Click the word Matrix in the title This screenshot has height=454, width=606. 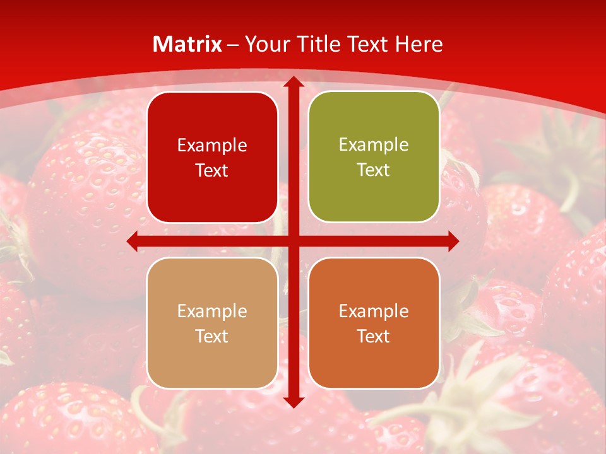coord(187,44)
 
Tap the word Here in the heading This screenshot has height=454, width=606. coord(419,44)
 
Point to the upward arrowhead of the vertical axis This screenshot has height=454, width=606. coord(293,82)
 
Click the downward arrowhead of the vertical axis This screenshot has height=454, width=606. coord(293,402)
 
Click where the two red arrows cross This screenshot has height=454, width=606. coord(293,241)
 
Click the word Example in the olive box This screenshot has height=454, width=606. coord(374,144)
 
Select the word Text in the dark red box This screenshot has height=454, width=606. coord(212,170)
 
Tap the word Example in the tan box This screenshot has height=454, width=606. coord(212,311)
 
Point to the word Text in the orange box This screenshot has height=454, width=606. coord(374,336)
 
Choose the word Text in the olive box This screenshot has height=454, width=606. coord(374,170)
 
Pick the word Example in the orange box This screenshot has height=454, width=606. coord(374,311)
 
